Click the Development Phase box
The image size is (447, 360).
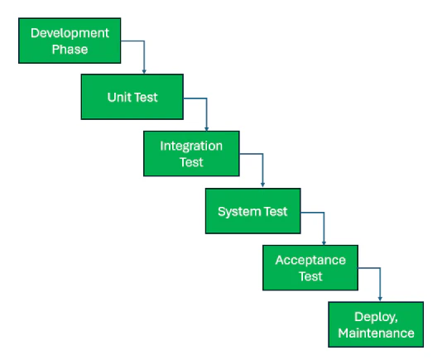tap(70, 41)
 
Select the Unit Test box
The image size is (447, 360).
tap(132, 97)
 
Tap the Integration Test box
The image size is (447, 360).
tap(191, 154)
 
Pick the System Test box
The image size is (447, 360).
tap(252, 211)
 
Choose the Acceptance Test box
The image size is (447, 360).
tap(310, 267)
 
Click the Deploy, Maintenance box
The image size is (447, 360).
tap(376, 324)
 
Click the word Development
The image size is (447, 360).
tap(70, 34)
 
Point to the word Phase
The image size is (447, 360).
tap(70, 50)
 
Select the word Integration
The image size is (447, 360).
tap(191, 146)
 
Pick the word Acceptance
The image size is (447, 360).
tap(310, 261)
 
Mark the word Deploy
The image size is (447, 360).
tap(376, 317)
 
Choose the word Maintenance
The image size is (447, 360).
tap(376, 334)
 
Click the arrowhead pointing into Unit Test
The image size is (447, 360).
tap(144, 71)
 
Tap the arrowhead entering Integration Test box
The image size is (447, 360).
tap(206, 128)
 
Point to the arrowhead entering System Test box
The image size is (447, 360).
tap(262, 185)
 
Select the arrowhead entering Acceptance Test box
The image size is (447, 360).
tap(324, 242)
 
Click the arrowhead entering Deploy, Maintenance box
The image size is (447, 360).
tap(380, 299)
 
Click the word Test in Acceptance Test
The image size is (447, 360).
tap(310, 276)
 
